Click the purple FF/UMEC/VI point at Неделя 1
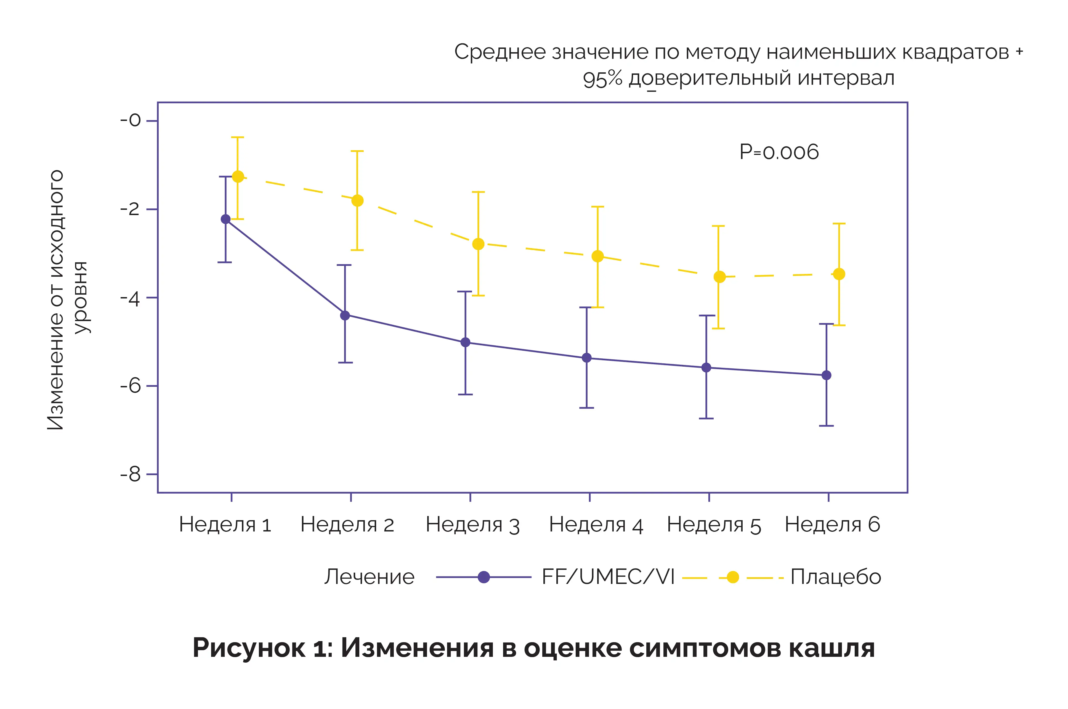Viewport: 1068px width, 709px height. (x=225, y=219)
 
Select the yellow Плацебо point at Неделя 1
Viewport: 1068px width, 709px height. (x=238, y=177)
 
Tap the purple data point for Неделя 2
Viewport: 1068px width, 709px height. (x=345, y=316)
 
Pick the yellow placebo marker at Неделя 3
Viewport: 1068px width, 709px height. (x=478, y=244)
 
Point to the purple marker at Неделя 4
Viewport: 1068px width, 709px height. (x=587, y=358)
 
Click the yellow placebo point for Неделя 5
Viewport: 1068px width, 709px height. (x=719, y=277)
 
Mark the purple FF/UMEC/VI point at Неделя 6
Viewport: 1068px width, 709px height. (x=826, y=375)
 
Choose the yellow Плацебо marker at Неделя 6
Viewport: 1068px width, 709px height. (x=839, y=274)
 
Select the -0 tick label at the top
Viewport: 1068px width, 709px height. (x=130, y=121)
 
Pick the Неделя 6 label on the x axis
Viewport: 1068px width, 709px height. (x=832, y=525)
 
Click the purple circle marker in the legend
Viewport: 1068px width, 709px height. (x=483, y=577)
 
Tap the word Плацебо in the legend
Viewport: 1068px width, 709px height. (x=836, y=577)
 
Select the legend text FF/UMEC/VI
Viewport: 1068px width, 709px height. (x=608, y=577)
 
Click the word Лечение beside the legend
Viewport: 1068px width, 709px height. (x=369, y=577)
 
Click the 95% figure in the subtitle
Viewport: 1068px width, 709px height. (x=602, y=79)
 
